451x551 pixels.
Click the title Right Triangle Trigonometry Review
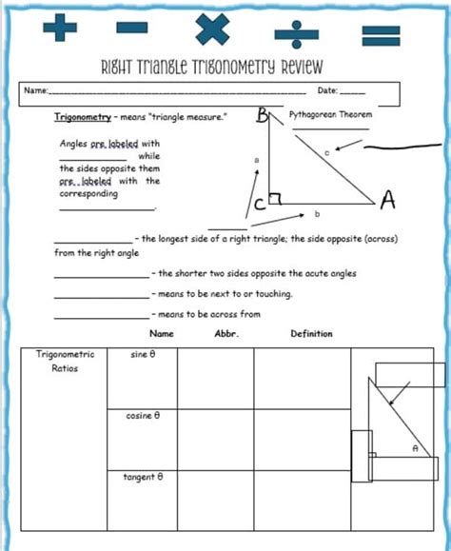(x=211, y=67)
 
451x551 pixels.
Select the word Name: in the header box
(x=36, y=91)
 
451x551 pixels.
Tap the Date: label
(x=328, y=91)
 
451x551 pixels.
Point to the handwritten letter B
(x=264, y=117)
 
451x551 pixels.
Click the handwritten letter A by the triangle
(x=387, y=200)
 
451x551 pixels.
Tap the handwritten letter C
(x=259, y=204)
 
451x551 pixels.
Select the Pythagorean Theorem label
(x=331, y=113)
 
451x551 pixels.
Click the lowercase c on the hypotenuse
(x=326, y=151)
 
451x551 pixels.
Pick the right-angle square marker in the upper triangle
(x=274, y=199)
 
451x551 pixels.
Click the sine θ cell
(x=142, y=355)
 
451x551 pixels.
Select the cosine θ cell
(x=143, y=416)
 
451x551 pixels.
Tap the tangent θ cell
(x=143, y=477)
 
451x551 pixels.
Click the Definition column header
(x=311, y=334)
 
